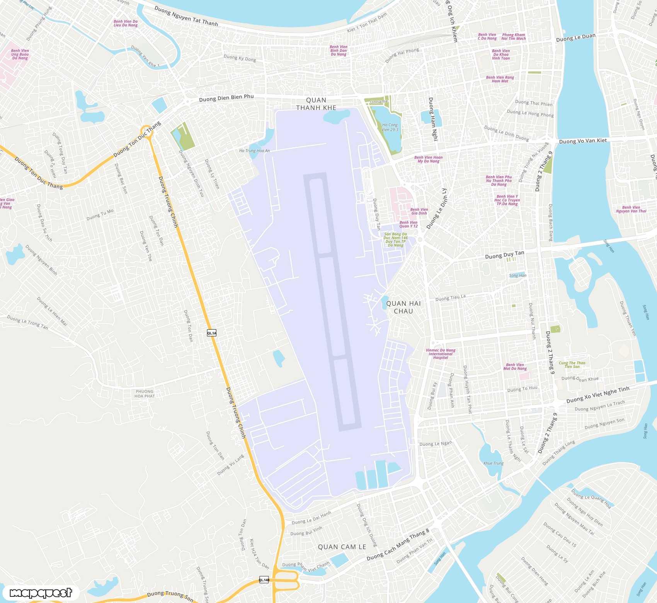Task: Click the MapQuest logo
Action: click(41, 593)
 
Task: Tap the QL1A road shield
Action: click(212, 333)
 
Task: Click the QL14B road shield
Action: click(264, 579)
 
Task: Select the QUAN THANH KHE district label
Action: click(316, 104)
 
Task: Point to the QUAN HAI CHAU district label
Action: click(403, 307)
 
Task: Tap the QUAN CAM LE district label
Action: click(342, 547)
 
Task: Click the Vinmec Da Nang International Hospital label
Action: click(441, 354)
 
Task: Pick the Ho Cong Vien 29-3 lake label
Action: click(390, 127)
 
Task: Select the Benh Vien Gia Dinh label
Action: click(419, 211)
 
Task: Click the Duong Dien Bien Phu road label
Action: click(226, 98)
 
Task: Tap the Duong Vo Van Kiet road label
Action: click(583, 141)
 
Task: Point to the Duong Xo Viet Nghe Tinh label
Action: click(597, 395)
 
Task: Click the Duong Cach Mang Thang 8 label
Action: click(398, 545)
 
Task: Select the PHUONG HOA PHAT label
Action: click(145, 393)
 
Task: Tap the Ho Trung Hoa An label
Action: click(254, 151)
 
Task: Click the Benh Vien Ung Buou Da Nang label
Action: click(20, 54)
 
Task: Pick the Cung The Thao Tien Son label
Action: click(572, 365)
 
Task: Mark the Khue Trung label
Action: click(494, 463)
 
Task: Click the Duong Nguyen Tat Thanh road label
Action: click(186, 16)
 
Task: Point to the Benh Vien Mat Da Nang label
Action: click(515, 366)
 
